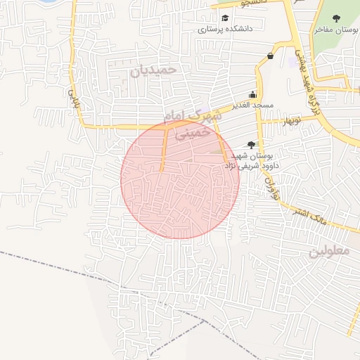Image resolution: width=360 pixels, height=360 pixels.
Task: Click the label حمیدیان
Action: point(151,70)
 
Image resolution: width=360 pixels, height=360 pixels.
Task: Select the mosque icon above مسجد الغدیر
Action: point(253,95)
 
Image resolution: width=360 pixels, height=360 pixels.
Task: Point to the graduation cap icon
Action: point(225,18)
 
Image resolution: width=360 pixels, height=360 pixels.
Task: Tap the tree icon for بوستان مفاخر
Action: point(345,18)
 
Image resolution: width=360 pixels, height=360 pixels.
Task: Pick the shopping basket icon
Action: point(271,56)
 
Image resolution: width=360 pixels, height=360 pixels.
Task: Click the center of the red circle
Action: point(180,179)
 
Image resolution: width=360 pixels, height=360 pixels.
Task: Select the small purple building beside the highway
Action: point(292,62)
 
